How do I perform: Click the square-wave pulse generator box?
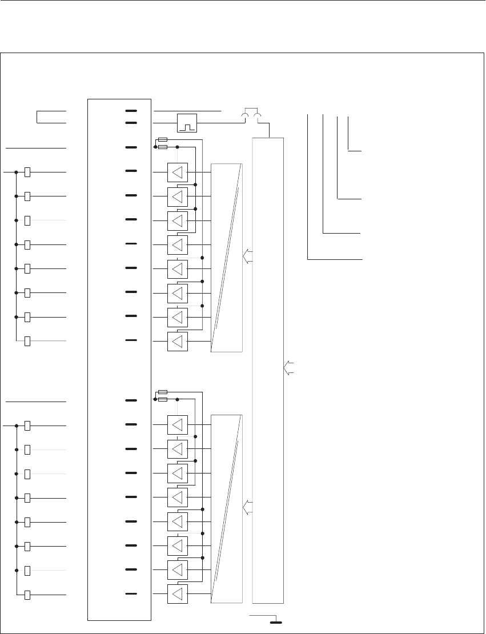pyautogui.click(x=187, y=123)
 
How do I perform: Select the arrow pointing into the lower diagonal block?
pyautogui.click(x=247, y=505)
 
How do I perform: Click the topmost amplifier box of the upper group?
pyautogui.click(x=178, y=172)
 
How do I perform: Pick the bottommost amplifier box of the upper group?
pyautogui.click(x=178, y=341)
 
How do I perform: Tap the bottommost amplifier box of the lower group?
pyautogui.click(x=178, y=595)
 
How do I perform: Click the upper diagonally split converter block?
pyautogui.click(x=226, y=257)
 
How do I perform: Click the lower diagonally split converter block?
pyautogui.click(x=226, y=508)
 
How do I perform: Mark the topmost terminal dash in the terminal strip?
pyautogui.click(x=131, y=110)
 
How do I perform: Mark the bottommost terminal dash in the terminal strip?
pyautogui.click(x=131, y=594)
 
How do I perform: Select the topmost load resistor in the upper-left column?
pyautogui.click(x=27, y=172)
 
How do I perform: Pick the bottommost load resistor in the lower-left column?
pyautogui.click(x=27, y=595)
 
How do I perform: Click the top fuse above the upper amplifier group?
pyautogui.click(x=162, y=139)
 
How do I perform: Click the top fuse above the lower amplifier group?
pyautogui.click(x=162, y=392)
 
